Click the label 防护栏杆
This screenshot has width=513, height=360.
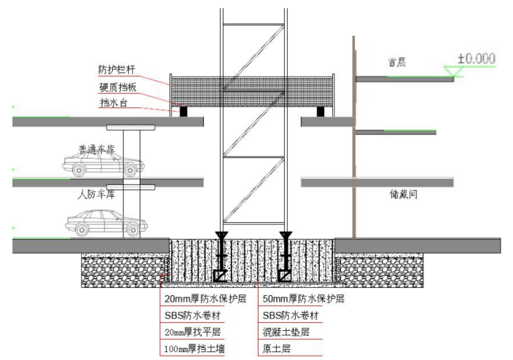coord(116,70)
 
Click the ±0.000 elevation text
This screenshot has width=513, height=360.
coord(476,59)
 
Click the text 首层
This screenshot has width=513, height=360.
coord(398,63)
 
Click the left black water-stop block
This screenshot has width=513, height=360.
coord(182,110)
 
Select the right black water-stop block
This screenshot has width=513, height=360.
coord(321,110)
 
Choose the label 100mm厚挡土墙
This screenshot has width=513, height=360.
coord(196,349)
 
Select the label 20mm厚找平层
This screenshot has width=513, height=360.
coord(192,332)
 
